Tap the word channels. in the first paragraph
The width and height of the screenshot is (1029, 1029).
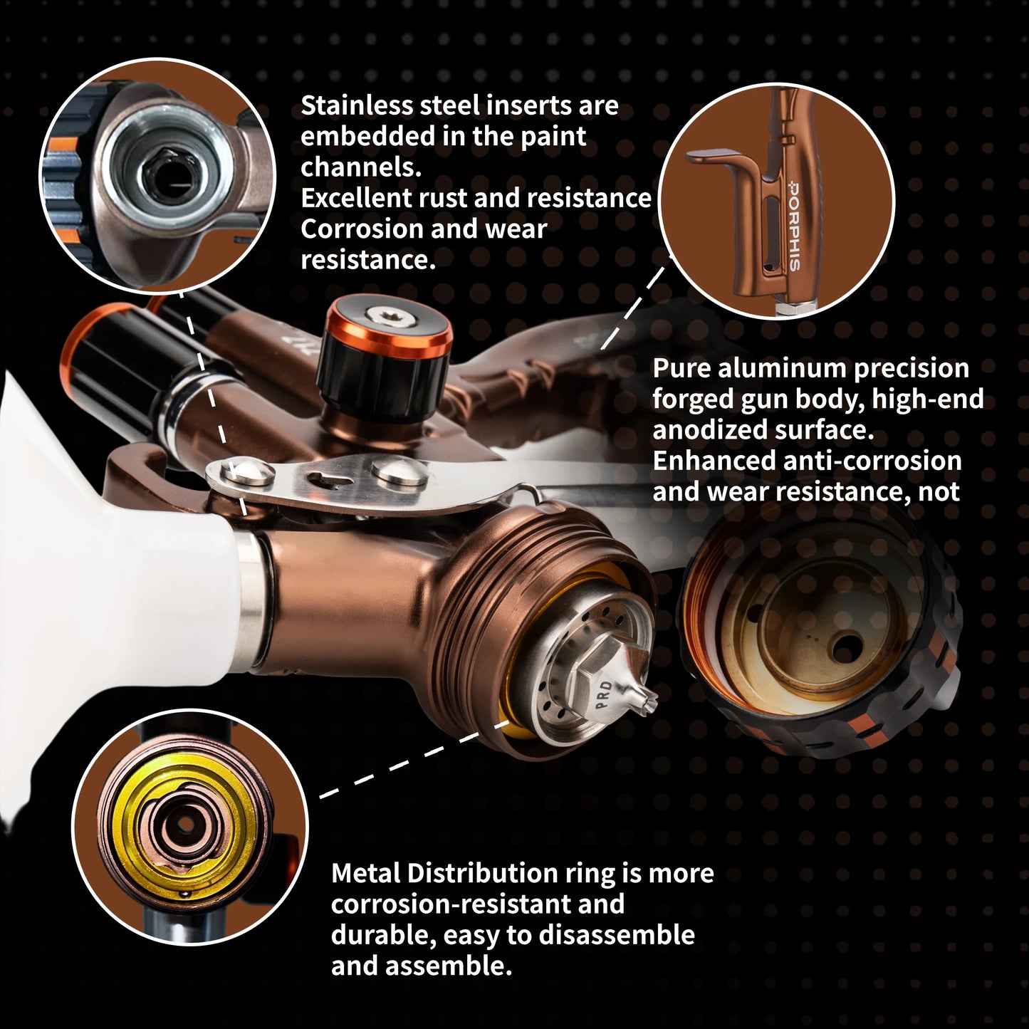361,167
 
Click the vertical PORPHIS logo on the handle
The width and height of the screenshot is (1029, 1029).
794,225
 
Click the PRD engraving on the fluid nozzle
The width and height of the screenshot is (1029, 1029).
605,695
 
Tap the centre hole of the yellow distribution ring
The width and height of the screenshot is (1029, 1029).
184,823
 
